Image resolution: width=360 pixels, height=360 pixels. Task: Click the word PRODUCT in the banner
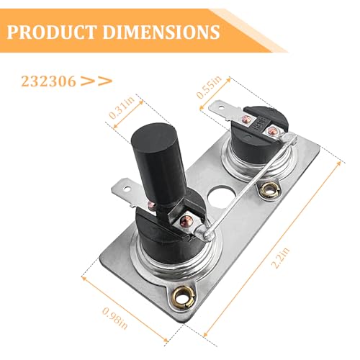click(53, 32)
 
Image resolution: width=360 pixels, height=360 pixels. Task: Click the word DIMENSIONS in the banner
click(161, 32)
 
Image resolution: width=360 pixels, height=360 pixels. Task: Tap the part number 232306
click(48, 81)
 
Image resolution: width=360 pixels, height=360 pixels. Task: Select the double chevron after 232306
click(96, 81)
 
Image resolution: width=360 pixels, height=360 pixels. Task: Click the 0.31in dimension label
click(122, 107)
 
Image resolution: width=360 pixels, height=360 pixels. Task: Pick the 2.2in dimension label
click(281, 257)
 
